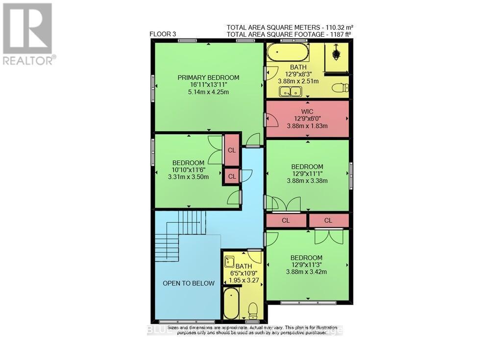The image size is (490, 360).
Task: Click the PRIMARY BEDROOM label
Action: tap(208, 77)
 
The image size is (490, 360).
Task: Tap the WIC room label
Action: tap(308, 112)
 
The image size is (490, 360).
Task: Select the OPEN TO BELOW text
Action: tap(189, 283)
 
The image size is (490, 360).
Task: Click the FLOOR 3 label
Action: tap(163, 34)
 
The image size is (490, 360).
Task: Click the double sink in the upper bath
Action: tap(290, 91)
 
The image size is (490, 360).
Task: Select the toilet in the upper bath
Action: tap(340, 88)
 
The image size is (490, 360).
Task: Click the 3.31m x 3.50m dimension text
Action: tap(188, 177)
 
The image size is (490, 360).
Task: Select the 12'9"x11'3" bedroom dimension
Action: tap(306, 265)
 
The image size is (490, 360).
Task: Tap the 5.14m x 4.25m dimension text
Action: tap(208, 92)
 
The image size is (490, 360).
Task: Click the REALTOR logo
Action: tap(27, 34)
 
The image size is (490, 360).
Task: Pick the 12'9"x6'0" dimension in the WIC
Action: tap(307, 119)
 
